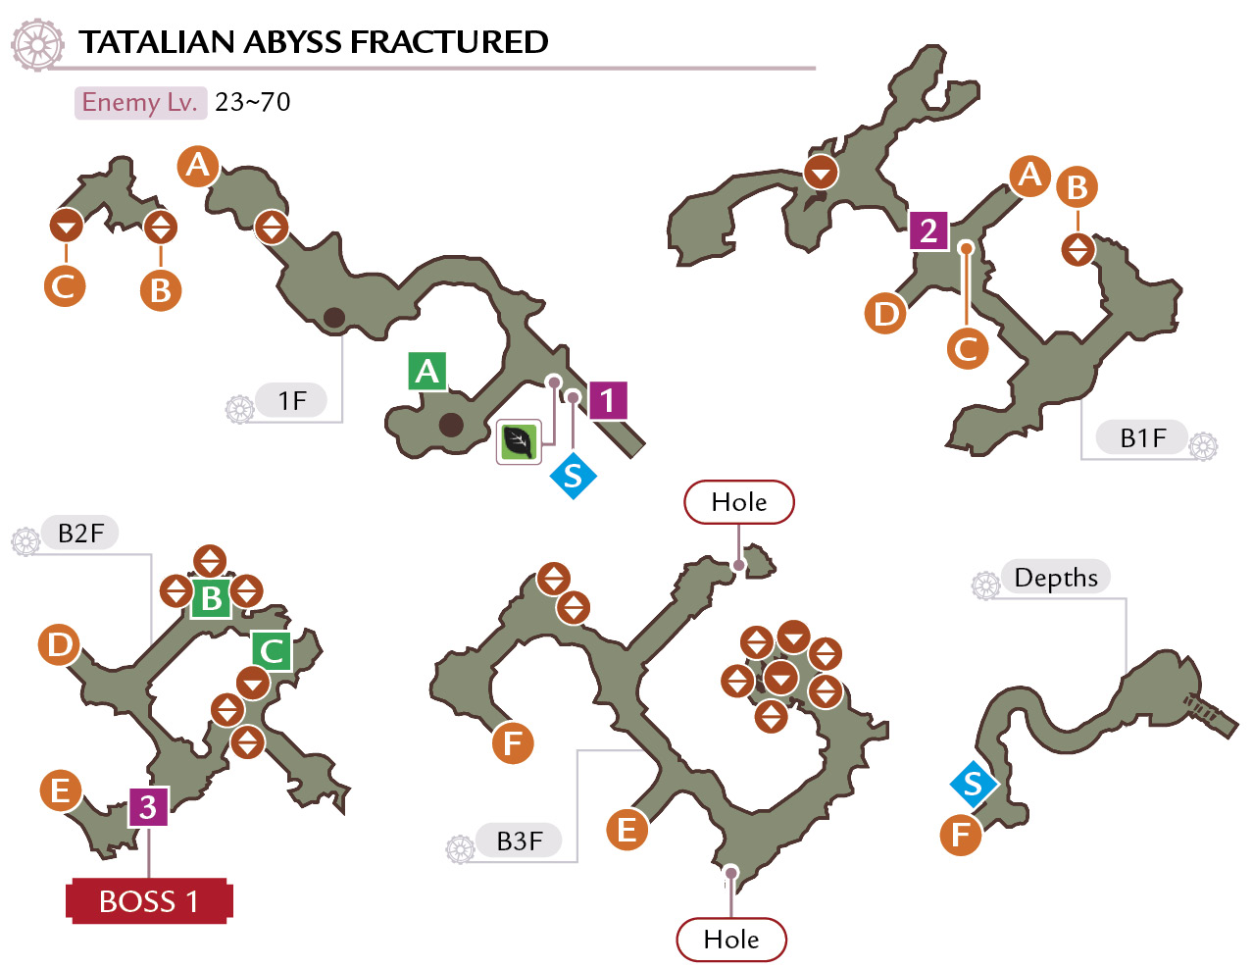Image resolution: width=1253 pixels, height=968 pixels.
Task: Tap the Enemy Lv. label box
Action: click(x=141, y=103)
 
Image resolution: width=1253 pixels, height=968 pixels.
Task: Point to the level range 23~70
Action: click(x=253, y=103)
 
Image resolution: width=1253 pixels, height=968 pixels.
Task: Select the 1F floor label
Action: click(x=292, y=400)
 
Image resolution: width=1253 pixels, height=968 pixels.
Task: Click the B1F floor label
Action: click(x=1141, y=438)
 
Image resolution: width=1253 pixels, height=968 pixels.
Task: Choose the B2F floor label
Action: click(x=80, y=533)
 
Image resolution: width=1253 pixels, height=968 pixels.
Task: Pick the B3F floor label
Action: click(x=520, y=841)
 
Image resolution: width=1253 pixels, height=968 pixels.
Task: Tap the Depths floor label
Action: click(x=1055, y=577)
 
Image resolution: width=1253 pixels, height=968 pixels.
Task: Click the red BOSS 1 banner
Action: click(x=149, y=901)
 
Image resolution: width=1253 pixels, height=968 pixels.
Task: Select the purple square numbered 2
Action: click(x=928, y=230)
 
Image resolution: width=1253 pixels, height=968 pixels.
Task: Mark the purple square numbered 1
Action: click(x=608, y=400)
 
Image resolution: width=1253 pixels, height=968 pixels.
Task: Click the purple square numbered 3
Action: click(x=148, y=806)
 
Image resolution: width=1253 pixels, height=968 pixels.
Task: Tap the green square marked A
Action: click(x=427, y=371)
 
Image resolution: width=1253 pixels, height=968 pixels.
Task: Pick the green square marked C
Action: click(x=272, y=651)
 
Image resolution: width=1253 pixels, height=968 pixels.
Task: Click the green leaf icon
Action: click(x=519, y=442)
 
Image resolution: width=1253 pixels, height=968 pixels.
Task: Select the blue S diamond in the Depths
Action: click(x=974, y=784)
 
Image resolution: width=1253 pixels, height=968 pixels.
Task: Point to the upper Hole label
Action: click(x=738, y=502)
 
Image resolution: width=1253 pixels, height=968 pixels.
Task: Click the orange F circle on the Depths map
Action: click(x=961, y=835)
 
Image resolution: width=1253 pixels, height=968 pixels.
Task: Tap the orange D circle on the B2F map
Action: click(x=59, y=644)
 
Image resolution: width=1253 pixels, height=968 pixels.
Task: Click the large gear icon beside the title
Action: click(x=37, y=45)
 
